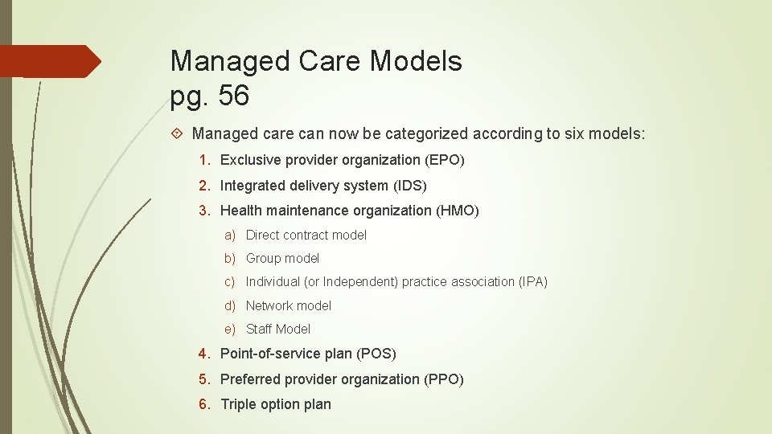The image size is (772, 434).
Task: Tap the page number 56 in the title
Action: click(x=233, y=96)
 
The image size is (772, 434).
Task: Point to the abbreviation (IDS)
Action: click(x=410, y=186)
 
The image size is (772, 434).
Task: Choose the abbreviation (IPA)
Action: click(x=533, y=281)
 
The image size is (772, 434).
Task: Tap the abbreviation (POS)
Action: click(x=377, y=354)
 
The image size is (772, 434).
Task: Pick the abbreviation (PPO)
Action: click(x=444, y=379)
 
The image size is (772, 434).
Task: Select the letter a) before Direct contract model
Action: click(x=230, y=235)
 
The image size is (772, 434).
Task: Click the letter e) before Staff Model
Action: click(x=230, y=329)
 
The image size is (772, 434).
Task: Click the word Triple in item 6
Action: click(x=238, y=404)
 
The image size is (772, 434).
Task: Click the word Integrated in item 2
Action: click(x=253, y=186)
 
